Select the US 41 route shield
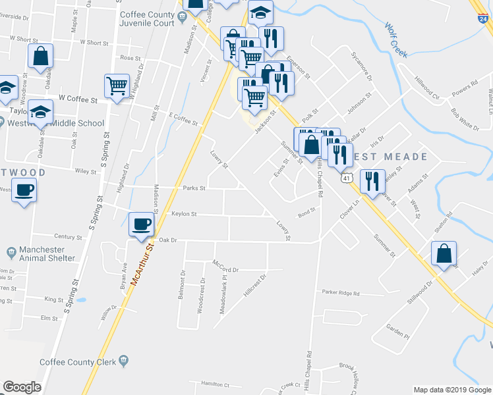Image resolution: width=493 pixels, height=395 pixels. point(345,178)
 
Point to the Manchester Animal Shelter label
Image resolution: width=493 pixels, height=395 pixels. point(42,254)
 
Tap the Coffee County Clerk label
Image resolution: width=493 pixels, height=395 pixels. point(78,361)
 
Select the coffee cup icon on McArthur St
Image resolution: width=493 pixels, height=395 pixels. point(142,224)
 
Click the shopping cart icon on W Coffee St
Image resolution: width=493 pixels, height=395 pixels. point(117,86)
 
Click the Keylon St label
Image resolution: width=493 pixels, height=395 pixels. point(184,214)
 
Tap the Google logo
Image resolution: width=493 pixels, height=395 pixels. point(22,387)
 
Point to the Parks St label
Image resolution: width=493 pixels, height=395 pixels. point(194,188)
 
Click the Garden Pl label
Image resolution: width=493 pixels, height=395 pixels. point(397,331)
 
